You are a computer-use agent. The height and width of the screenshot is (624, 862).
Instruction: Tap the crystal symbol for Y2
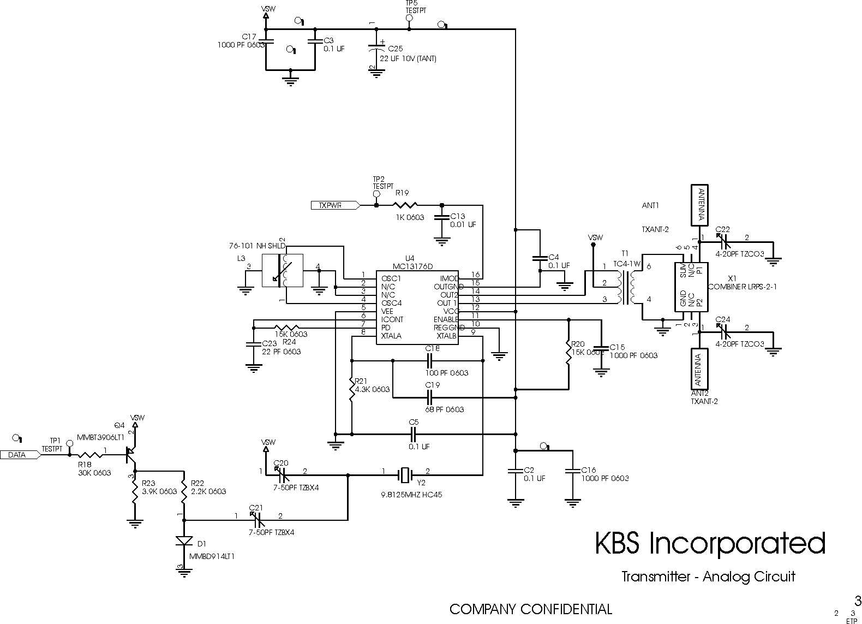click(404, 475)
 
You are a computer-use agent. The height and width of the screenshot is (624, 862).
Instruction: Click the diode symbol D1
click(184, 542)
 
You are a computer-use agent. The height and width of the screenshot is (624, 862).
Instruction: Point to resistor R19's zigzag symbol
click(405, 205)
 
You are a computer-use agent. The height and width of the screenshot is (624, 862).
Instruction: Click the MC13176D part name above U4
click(412, 266)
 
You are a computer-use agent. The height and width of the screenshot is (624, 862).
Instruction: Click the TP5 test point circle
click(409, 19)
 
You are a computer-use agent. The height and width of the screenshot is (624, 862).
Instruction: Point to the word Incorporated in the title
click(737, 544)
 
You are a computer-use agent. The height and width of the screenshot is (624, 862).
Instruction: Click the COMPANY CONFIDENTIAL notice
click(530, 609)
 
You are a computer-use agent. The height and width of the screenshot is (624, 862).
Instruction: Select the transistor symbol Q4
click(130, 452)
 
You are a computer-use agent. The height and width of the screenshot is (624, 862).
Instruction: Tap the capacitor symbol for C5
click(414, 434)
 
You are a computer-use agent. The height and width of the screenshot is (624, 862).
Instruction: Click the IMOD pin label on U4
click(449, 278)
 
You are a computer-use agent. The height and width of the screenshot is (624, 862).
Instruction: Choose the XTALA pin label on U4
click(391, 336)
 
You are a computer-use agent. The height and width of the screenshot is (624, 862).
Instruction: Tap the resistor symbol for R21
click(352, 389)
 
